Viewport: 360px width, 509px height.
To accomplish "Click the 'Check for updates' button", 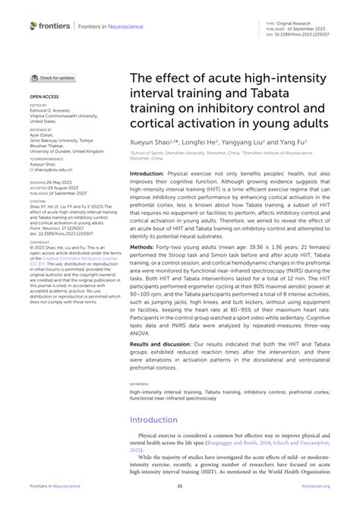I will [x=53, y=77].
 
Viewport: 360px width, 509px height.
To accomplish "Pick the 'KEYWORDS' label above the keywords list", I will [x=140, y=384].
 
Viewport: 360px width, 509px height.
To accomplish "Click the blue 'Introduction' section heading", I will [x=154, y=419].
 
